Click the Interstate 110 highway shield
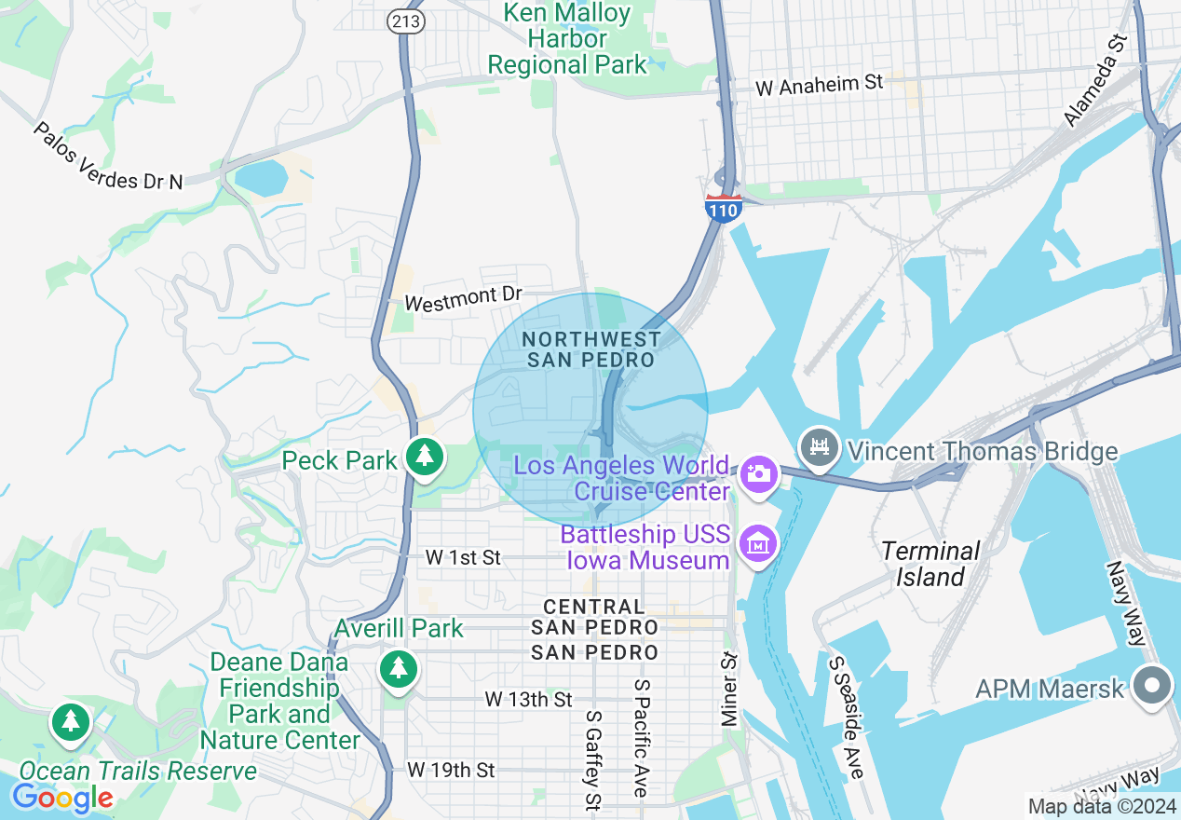[x=724, y=209]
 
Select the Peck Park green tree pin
[x=425, y=457]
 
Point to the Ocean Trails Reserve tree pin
[x=71, y=723]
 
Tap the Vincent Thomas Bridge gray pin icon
[x=820, y=448]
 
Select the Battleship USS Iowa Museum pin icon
[x=759, y=544]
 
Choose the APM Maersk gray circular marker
[x=1152, y=686]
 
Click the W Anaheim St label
[x=819, y=85]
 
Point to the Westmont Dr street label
[x=463, y=298]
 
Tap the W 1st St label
[x=463, y=557]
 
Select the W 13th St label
[x=528, y=699]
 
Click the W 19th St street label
[x=451, y=770]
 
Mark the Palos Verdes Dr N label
[x=108, y=156]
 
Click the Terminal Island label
[x=930, y=564]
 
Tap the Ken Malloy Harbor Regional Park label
[x=567, y=39]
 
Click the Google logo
[x=61, y=798]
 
